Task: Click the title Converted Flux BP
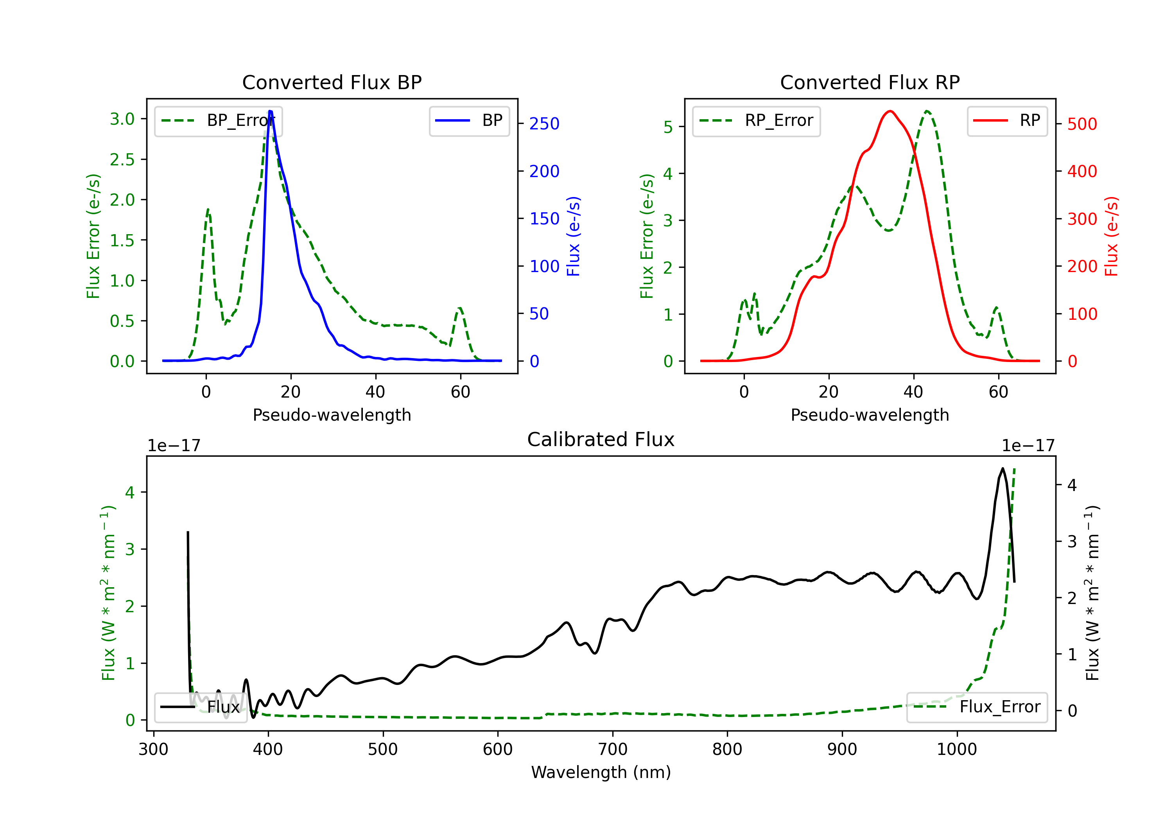click(x=332, y=82)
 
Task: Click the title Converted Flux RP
click(x=870, y=82)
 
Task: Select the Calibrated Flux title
click(x=601, y=439)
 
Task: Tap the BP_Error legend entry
click(x=218, y=121)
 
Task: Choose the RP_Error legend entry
click(x=756, y=121)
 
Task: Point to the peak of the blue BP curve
click(x=270, y=111)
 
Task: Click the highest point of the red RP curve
click(x=890, y=111)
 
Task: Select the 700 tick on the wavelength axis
click(x=613, y=749)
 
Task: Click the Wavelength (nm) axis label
click(x=601, y=773)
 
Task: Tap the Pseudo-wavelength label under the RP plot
click(x=870, y=415)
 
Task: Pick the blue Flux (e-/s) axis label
click(x=573, y=237)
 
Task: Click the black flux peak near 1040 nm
click(x=1003, y=468)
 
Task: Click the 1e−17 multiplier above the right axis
click(x=1028, y=446)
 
